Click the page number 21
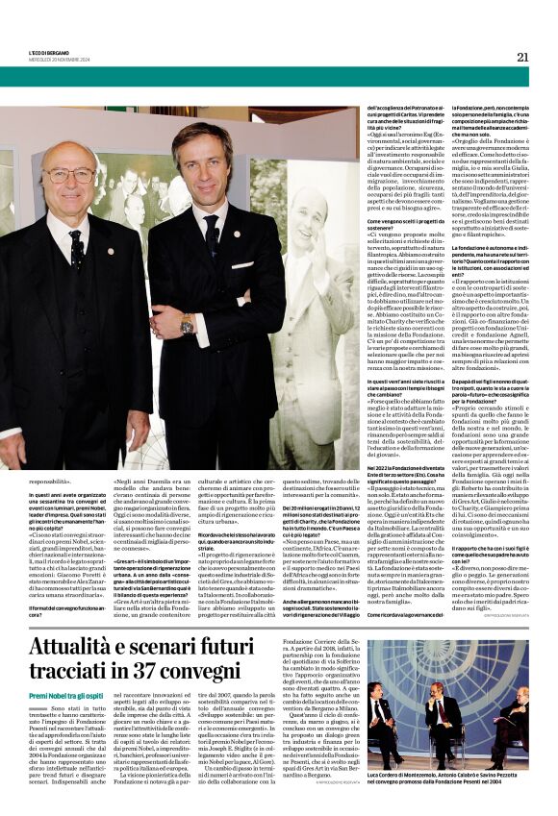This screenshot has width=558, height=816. (x=522, y=57)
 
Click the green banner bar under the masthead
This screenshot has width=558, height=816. (x=279, y=76)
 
